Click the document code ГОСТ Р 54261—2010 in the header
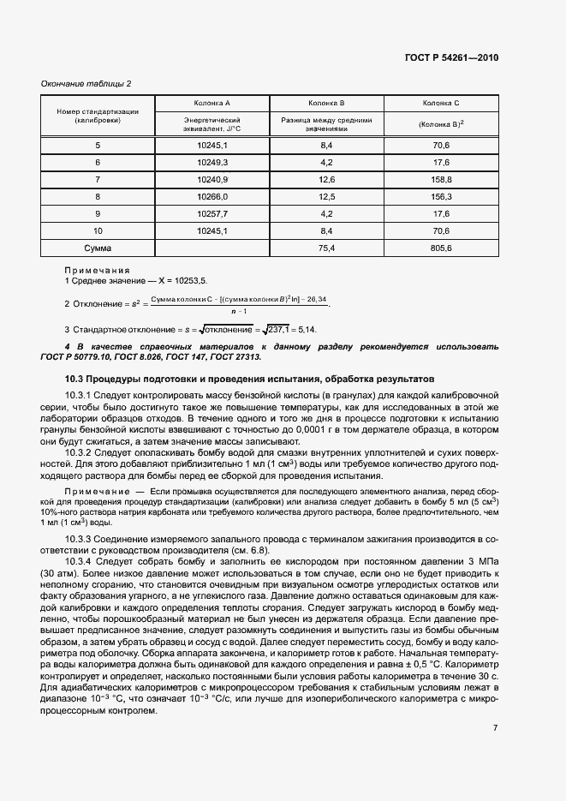(x=450, y=57)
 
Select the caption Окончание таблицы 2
(x=86, y=83)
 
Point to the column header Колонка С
(x=441, y=103)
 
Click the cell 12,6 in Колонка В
(x=326, y=179)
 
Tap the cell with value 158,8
(x=441, y=179)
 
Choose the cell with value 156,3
(x=441, y=196)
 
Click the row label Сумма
(x=98, y=248)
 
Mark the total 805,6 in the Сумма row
(x=441, y=248)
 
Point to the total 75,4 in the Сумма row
(x=326, y=248)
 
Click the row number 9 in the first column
(x=98, y=213)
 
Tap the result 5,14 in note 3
(x=307, y=329)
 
